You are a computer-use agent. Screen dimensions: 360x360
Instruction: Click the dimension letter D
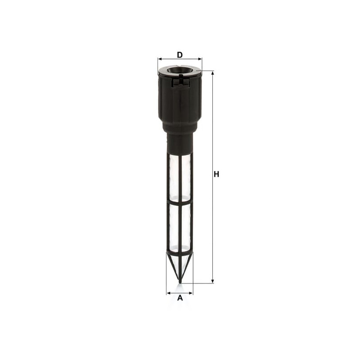click(x=180, y=55)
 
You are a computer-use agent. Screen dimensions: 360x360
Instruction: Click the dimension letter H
click(x=216, y=174)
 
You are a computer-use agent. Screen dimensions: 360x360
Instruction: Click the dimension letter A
click(x=180, y=298)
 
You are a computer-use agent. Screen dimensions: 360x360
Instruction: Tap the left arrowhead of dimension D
click(x=160, y=59)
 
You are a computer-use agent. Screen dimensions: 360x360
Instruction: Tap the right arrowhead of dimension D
click(x=200, y=59)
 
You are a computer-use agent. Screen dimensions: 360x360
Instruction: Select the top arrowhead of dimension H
click(x=212, y=73)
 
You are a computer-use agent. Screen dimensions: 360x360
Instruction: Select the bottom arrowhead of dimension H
click(x=212, y=281)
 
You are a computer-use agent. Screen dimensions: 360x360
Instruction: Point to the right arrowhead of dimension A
click(x=190, y=293)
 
